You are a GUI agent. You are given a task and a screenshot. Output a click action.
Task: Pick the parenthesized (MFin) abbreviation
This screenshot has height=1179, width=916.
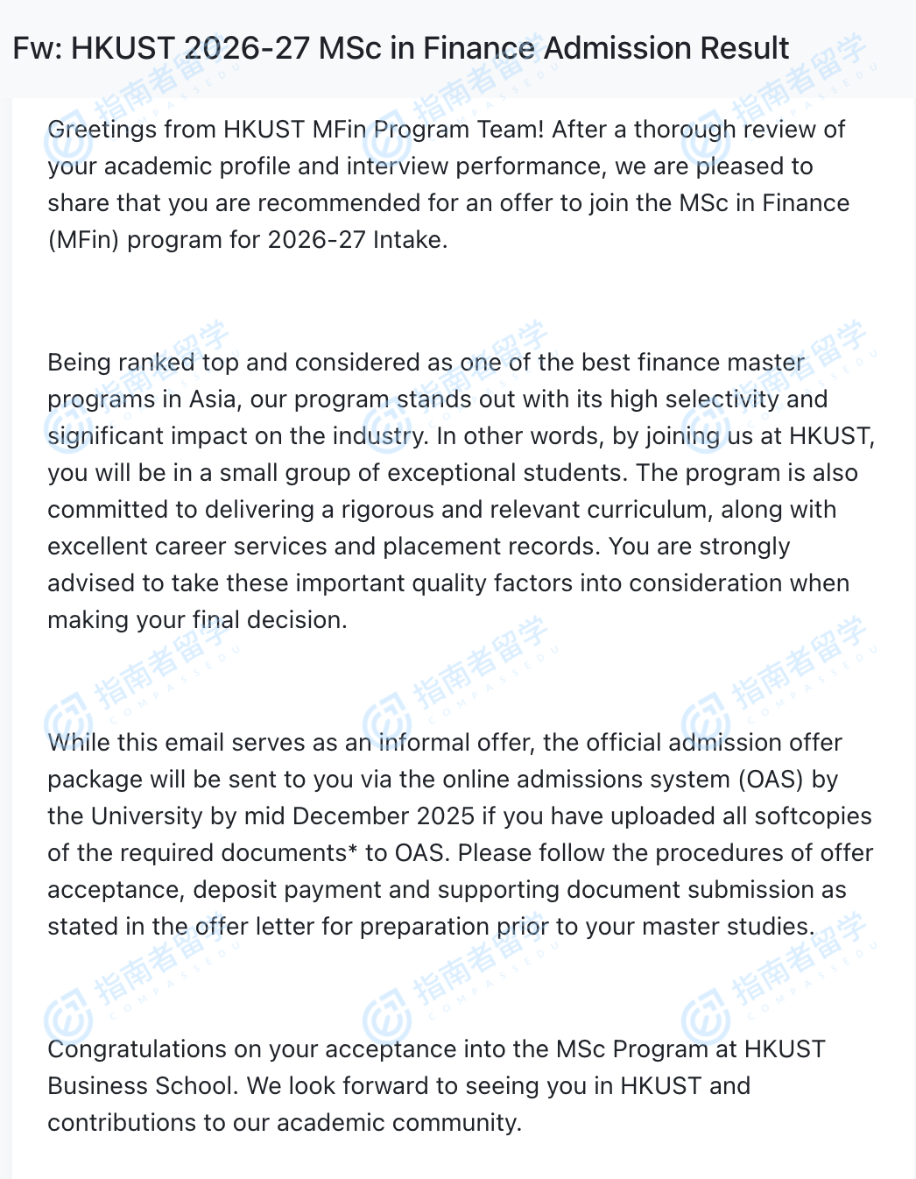tap(83, 240)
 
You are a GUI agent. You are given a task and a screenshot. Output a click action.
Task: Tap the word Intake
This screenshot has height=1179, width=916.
tap(410, 240)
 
